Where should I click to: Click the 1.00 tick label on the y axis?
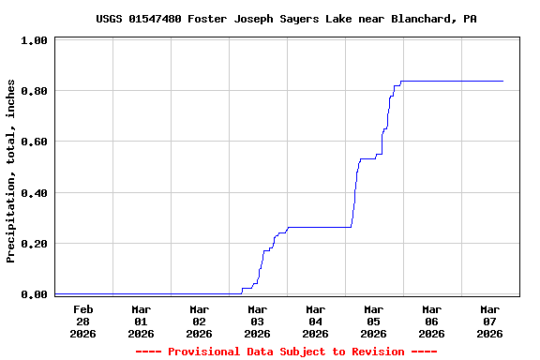click(35, 41)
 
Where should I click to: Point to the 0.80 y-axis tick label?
click(35, 92)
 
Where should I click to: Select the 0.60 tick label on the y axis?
click(35, 142)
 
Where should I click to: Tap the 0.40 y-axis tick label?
click(35, 194)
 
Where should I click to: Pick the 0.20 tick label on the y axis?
click(35, 245)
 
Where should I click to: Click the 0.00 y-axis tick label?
click(35, 295)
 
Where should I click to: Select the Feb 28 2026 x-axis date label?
click(83, 321)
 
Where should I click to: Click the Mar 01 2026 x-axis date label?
click(142, 321)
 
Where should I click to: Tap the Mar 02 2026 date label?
click(200, 321)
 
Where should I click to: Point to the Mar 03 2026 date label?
click(258, 321)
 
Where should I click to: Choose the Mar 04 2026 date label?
click(316, 321)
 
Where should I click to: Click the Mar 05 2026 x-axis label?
click(374, 321)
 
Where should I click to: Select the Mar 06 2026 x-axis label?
click(432, 321)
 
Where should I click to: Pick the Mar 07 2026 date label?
click(490, 321)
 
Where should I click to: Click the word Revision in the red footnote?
click(373, 352)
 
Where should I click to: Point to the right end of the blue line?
click(503, 82)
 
